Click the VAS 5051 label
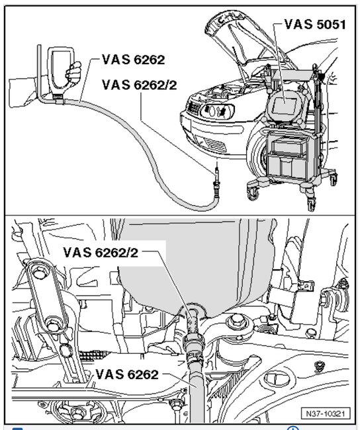click(x=315, y=24)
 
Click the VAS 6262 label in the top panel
click(x=134, y=60)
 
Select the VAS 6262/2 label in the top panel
click(x=140, y=85)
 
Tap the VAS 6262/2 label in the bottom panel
click(x=101, y=252)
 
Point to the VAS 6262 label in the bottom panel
click(x=127, y=374)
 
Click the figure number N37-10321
click(x=326, y=413)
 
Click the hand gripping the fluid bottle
click(x=73, y=72)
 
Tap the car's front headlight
click(x=217, y=111)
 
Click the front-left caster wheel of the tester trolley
click(x=253, y=191)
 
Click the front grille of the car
click(x=195, y=108)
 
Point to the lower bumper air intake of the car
click(x=214, y=144)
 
